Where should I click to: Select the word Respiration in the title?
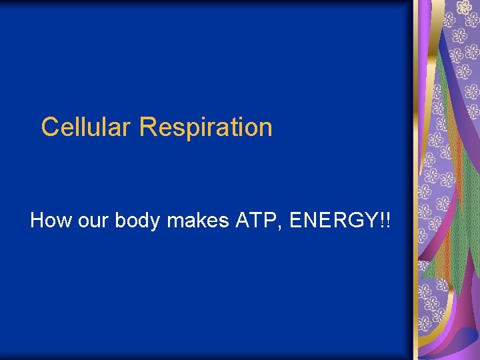[206, 127]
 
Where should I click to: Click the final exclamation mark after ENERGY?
[388, 220]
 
